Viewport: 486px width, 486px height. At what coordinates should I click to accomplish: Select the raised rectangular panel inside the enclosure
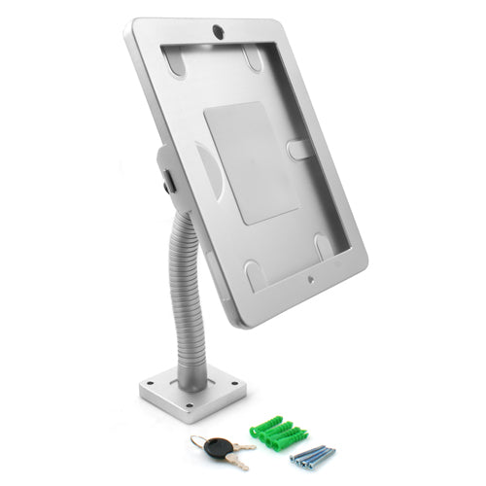[x=249, y=160]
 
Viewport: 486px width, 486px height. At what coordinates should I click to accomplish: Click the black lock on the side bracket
[x=169, y=179]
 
